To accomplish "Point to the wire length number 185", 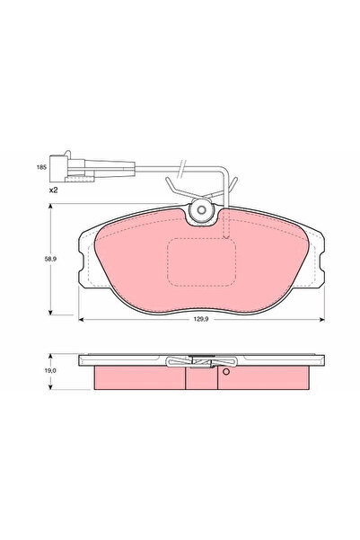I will tap(40, 168).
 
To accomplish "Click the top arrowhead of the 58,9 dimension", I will tap(62, 209).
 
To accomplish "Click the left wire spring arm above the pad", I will tap(174, 190).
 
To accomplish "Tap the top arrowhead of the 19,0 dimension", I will tap(62, 356).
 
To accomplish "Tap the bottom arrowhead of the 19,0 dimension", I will tap(62, 387).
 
